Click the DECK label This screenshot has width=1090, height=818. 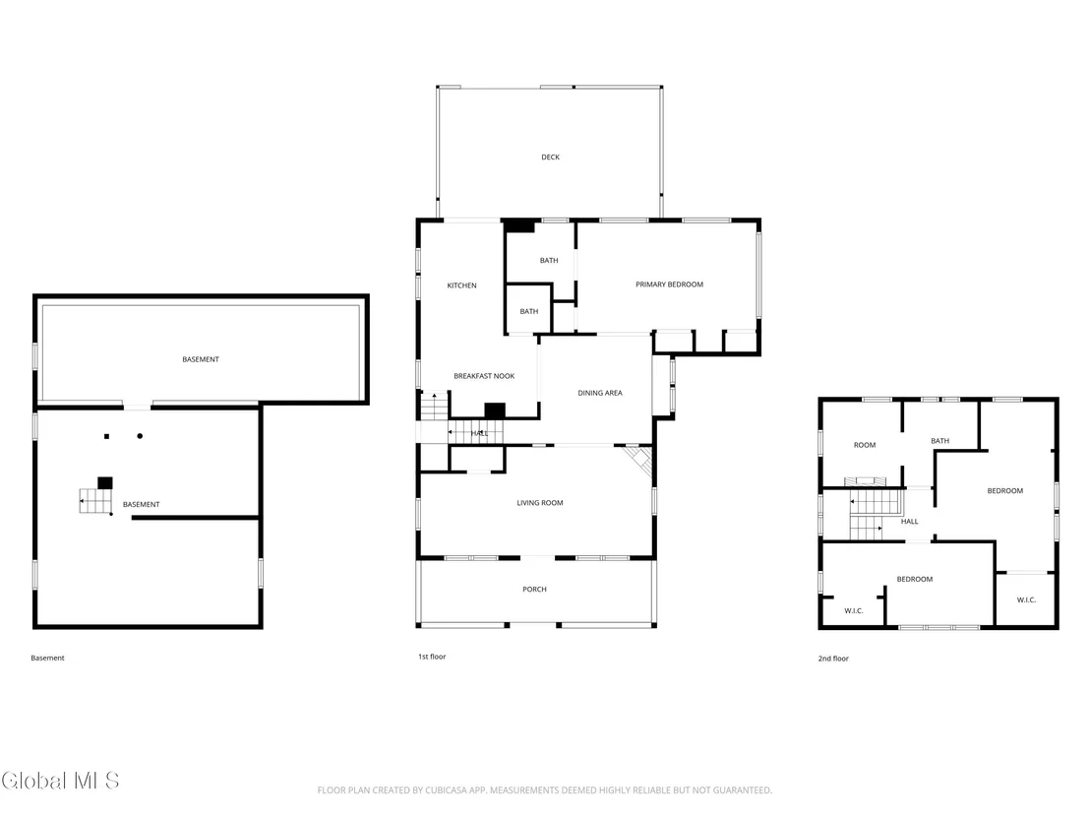coord(550,157)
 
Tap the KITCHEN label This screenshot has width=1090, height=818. coord(461,285)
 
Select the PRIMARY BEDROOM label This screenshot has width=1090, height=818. coord(669,284)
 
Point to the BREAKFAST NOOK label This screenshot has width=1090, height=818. coord(484,376)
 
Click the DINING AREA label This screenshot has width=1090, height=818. coord(600,393)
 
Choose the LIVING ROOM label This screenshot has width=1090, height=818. coord(539,503)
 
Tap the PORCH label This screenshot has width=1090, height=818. coord(534,590)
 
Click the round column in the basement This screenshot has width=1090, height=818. coord(140,436)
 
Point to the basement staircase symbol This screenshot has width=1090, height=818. coord(96,501)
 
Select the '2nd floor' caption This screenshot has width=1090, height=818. coord(833,658)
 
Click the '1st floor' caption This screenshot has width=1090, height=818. coord(432,657)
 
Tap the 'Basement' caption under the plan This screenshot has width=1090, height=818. coord(47,658)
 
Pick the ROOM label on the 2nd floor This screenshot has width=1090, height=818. coord(865,445)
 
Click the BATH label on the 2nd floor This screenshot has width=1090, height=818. coord(939,441)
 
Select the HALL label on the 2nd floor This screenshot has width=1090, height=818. coord(909,521)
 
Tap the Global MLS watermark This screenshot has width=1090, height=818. coord(60,781)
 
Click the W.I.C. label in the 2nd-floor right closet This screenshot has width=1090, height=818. coord(1026,599)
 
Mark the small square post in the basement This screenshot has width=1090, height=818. coord(106,436)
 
